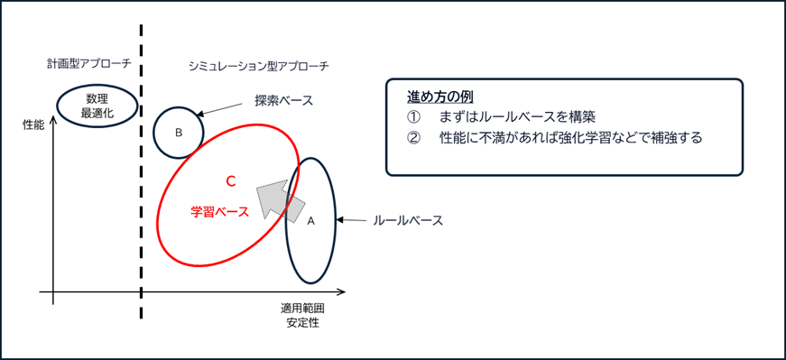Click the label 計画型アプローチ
point(89,64)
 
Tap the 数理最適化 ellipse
point(97,105)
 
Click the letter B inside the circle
point(179,133)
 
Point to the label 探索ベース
point(283,101)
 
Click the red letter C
point(230,181)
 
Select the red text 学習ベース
point(219,213)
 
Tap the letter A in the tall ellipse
point(311,220)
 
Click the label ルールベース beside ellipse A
point(407,220)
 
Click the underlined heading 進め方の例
point(440,97)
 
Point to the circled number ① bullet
point(414,117)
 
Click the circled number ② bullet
point(414,138)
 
